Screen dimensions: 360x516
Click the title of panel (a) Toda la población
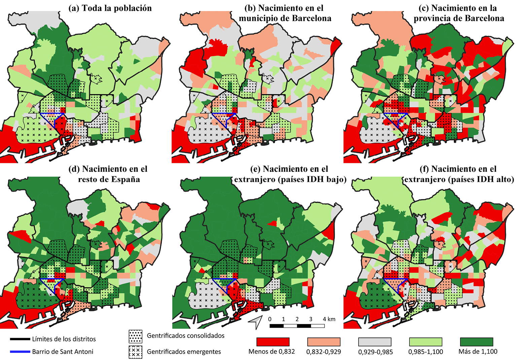pos(110,8)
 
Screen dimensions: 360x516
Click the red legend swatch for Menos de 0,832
pos(273,342)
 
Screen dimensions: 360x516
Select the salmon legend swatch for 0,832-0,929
pos(323,342)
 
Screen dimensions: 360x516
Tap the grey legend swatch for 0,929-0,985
pos(375,342)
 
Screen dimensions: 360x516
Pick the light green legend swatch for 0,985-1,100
pos(425,342)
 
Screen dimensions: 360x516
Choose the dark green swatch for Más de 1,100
pos(476,342)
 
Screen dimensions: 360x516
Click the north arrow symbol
pos(255,322)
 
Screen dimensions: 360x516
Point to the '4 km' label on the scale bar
pos(329,319)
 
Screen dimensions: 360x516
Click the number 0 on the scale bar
pos(270,319)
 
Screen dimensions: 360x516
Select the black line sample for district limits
pos(20,339)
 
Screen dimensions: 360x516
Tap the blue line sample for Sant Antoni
pos(20,352)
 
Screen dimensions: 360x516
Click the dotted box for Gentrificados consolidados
pos(135,336)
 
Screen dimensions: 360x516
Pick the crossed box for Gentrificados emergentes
pos(135,352)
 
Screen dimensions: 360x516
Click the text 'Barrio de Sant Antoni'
pos(63,352)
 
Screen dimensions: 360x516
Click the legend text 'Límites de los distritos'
pos(64,339)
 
